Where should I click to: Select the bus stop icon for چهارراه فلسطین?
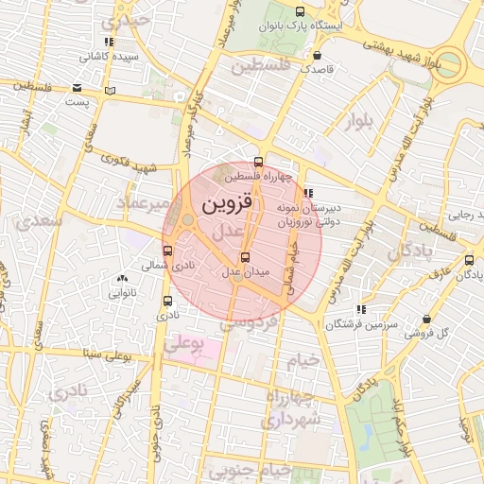[259, 161]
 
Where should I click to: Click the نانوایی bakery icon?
[120, 279]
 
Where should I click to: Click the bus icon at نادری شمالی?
[168, 251]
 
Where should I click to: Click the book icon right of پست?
[112, 91]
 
